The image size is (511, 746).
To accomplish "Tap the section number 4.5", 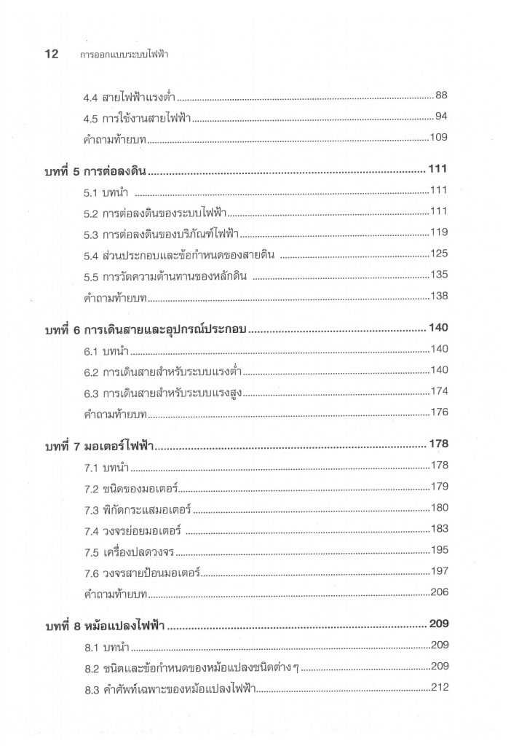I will point(91,118).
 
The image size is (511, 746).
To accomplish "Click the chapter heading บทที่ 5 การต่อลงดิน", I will point(96,172).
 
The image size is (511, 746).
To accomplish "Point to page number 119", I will point(439,233).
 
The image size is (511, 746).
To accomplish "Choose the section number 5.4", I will point(91,256).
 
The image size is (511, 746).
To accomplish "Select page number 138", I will point(439,296).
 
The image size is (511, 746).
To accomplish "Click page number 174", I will point(439,391).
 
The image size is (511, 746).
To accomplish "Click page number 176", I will point(439,412).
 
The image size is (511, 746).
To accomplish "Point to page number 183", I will point(439,528).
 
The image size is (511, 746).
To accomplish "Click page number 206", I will point(439,592).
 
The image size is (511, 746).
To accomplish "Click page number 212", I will point(439,687).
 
